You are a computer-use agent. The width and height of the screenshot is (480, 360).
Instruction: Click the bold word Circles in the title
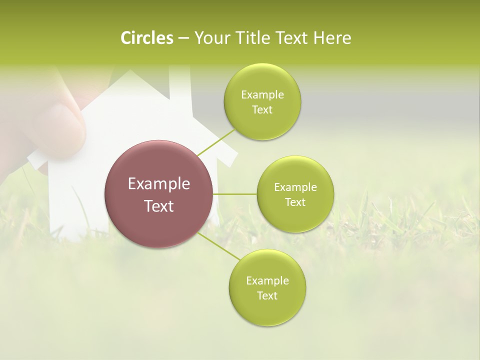147,38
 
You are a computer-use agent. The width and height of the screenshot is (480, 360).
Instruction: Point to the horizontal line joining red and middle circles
235,194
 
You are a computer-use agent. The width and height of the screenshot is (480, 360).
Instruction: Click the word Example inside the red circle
159,184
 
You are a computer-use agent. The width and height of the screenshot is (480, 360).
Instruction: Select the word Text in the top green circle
262,110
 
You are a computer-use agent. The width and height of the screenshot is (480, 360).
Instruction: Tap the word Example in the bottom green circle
267,281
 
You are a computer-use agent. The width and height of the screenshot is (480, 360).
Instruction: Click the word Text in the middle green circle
295,202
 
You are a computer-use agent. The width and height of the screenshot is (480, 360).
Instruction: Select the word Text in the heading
289,38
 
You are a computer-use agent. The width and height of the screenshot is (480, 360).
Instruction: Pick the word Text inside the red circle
159,206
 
